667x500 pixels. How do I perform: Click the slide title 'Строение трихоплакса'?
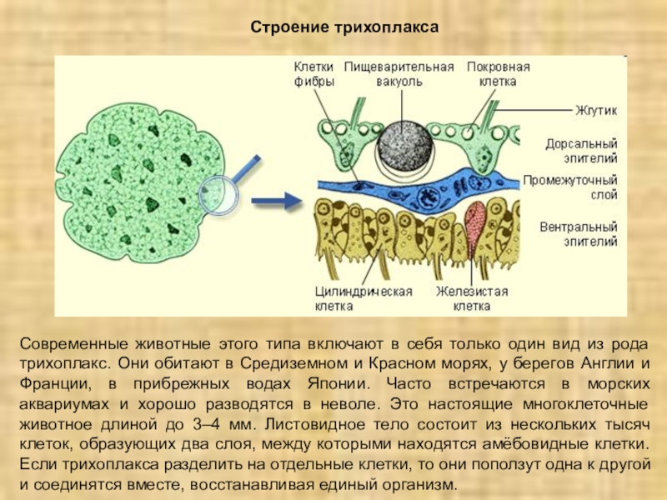(x=344, y=28)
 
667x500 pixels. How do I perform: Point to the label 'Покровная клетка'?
(x=498, y=74)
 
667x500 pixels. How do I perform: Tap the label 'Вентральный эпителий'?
(x=579, y=233)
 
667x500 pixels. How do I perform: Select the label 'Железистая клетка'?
(x=472, y=298)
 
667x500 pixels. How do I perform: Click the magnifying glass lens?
(x=218, y=196)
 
